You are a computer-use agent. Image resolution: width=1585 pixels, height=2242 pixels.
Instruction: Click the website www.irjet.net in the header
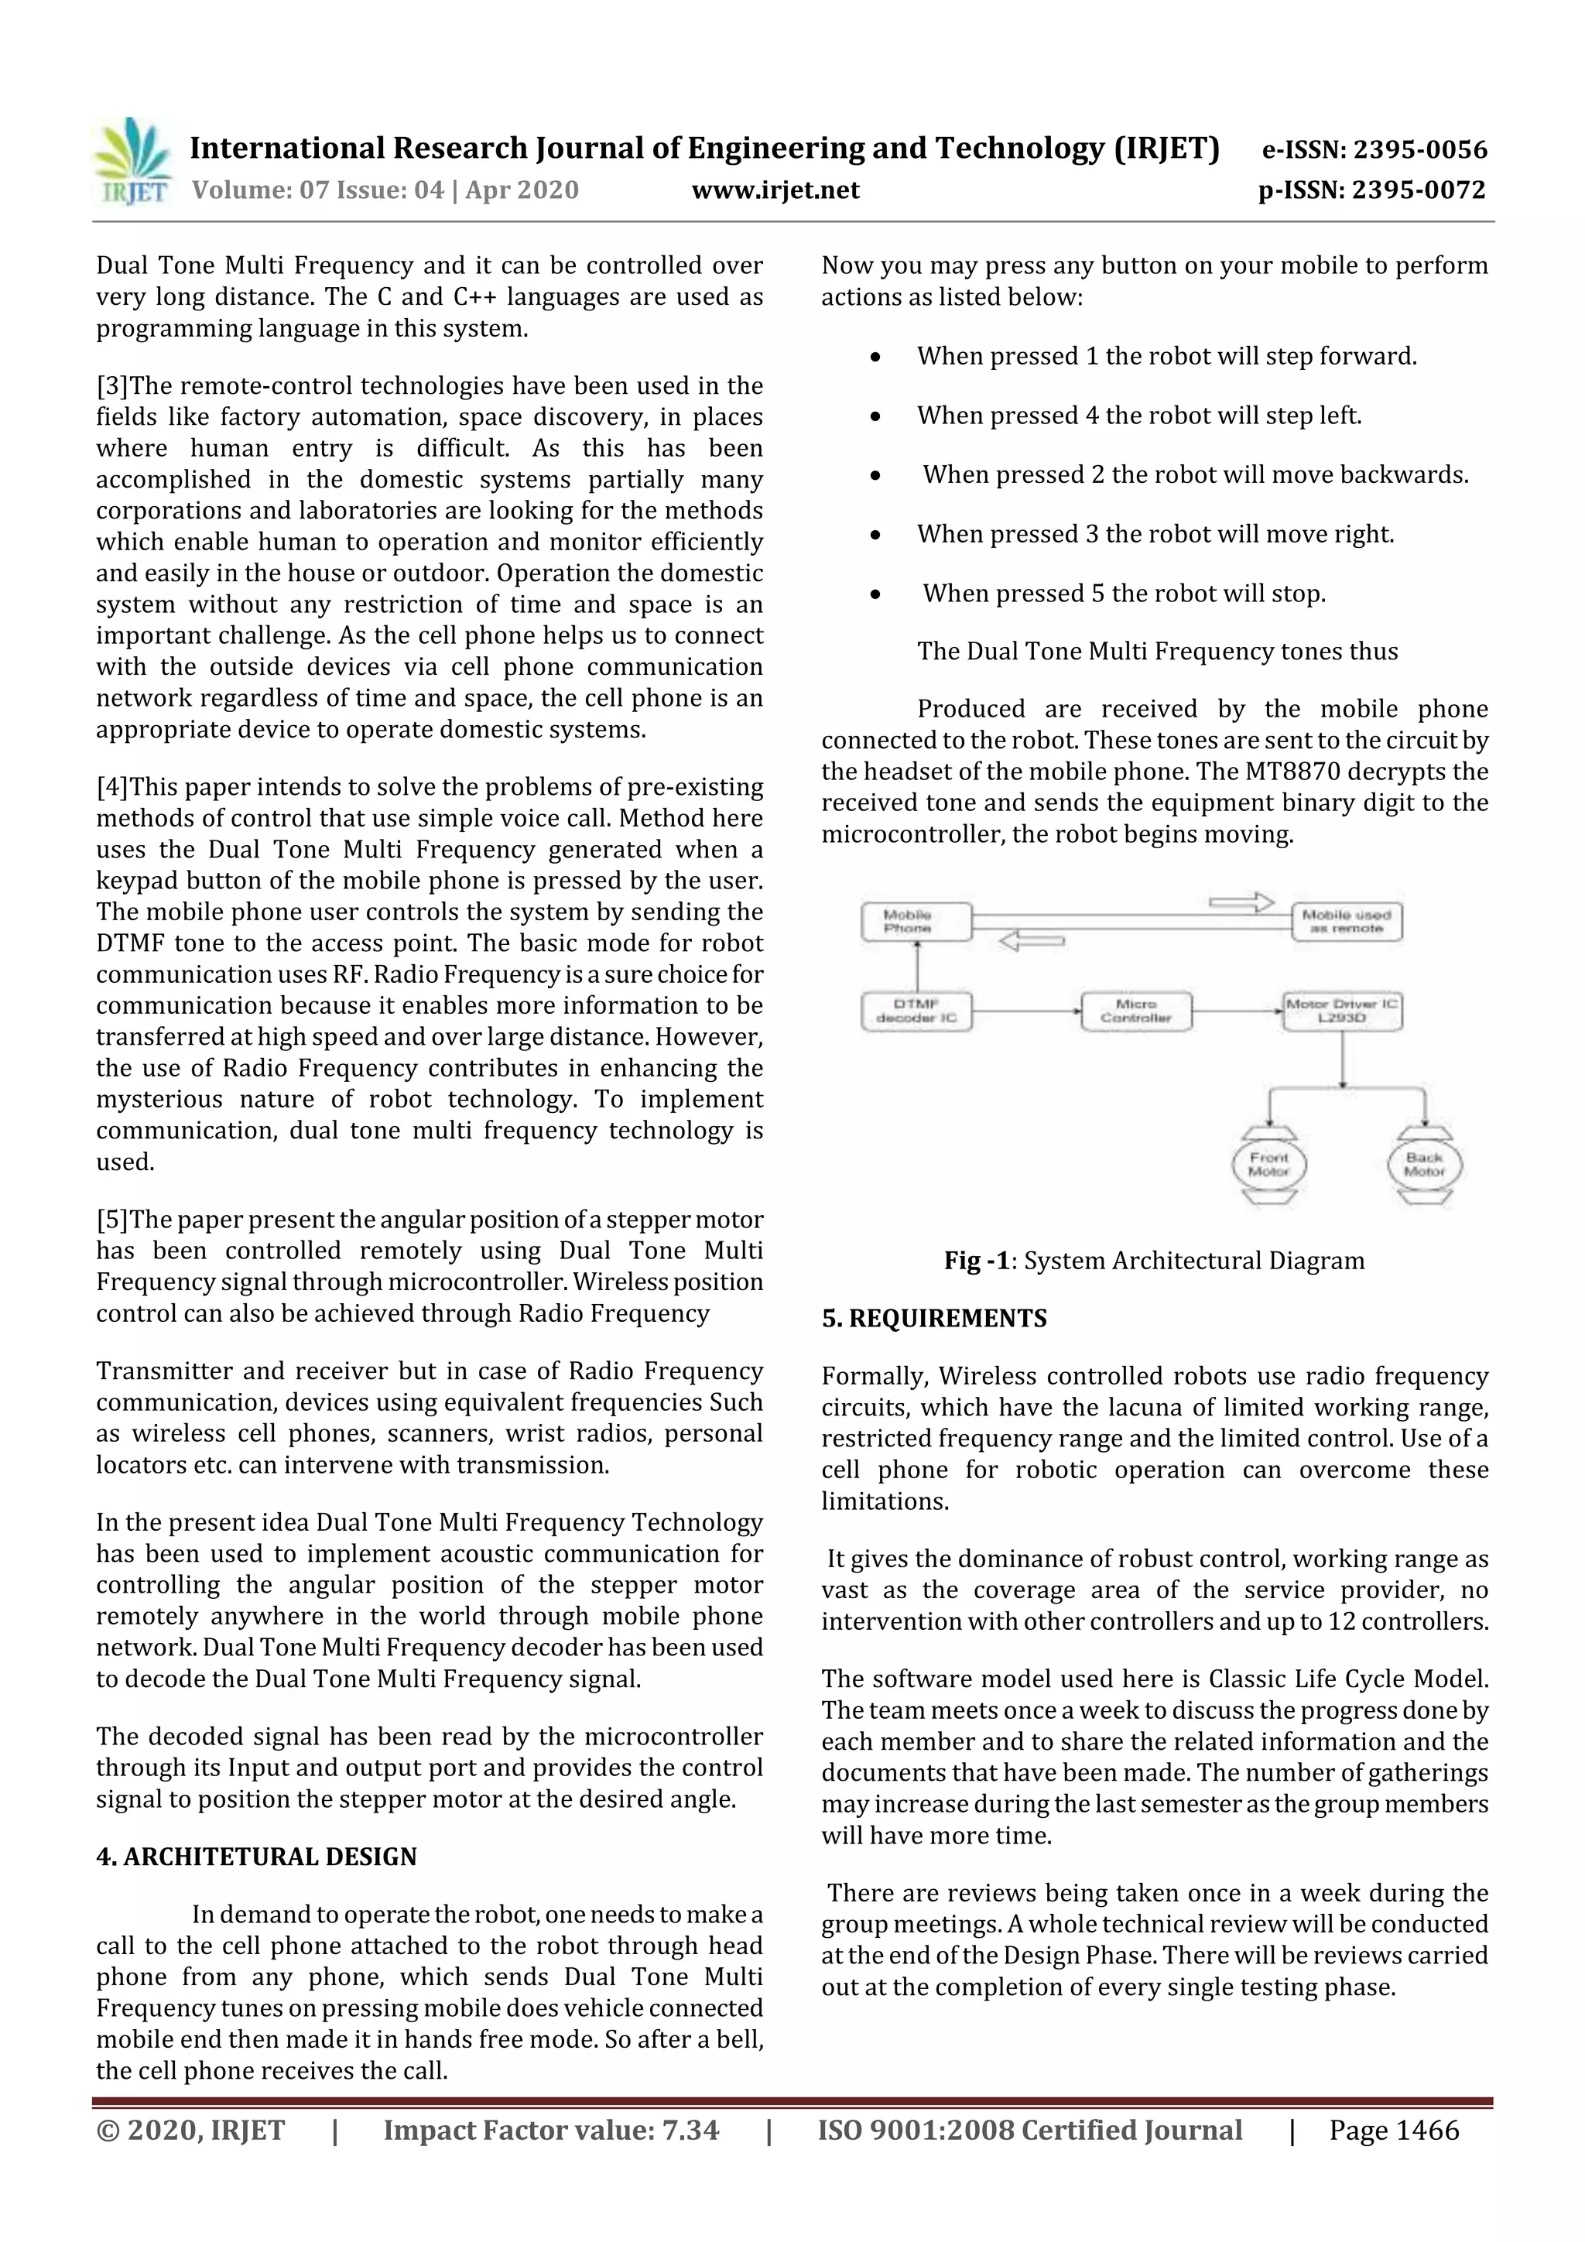[775, 190]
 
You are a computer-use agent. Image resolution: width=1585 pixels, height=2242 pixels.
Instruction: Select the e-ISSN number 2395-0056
[1420, 149]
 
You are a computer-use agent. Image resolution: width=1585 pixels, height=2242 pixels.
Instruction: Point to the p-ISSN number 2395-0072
[1419, 190]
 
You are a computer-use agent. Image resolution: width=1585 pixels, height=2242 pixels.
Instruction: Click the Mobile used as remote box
[1346, 921]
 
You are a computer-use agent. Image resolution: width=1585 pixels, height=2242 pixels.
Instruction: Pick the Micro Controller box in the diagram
[1136, 1011]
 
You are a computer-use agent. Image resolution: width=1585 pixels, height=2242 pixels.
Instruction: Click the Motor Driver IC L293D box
[1342, 1011]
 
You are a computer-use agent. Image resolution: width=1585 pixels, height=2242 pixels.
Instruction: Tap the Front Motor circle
[1268, 1164]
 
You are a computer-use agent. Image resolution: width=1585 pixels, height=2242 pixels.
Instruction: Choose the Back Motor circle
[1424, 1164]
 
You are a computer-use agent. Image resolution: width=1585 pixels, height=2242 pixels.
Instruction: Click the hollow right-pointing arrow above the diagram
[1241, 902]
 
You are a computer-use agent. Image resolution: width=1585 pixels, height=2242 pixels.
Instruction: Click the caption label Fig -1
[976, 1261]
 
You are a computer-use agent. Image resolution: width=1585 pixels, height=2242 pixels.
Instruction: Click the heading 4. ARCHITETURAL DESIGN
[256, 1857]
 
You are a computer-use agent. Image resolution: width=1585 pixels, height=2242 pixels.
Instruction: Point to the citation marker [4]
[112, 787]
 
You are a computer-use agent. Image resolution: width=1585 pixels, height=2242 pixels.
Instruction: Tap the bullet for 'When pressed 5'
[875, 594]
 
